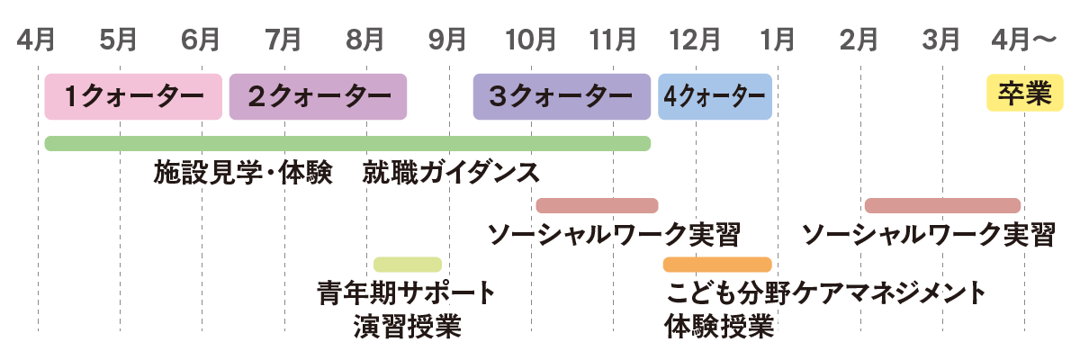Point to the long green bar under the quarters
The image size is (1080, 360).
click(x=347, y=143)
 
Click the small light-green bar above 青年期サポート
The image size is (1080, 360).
click(x=408, y=265)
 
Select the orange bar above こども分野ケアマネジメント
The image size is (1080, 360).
click(x=717, y=265)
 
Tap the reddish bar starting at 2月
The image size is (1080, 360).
click(x=942, y=205)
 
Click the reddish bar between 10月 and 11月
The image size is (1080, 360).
click(x=597, y=205)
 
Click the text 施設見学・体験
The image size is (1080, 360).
click(x=241, y=172)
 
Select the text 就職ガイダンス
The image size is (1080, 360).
click(x=453, y=172)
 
